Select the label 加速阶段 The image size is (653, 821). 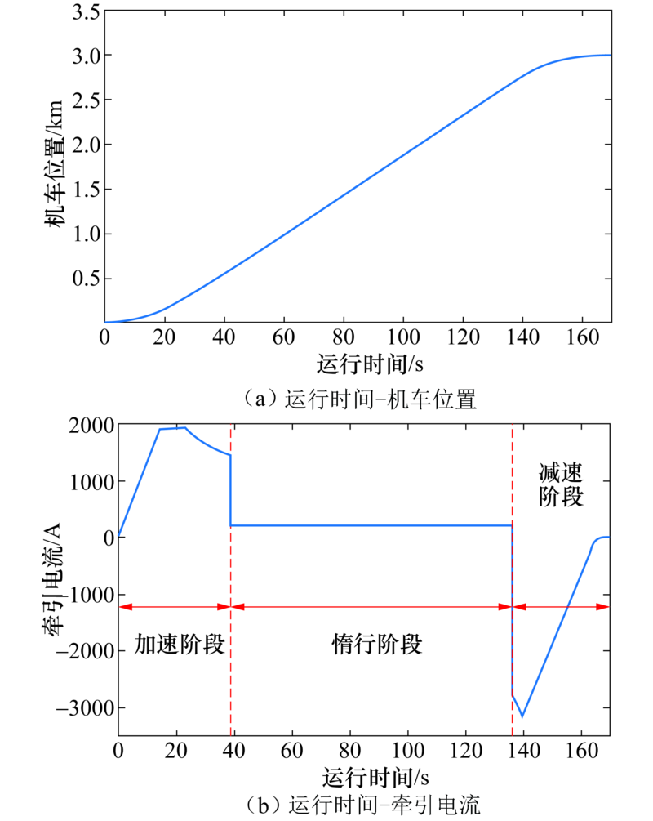click(179, 645)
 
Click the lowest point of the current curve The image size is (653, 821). click(522, 717)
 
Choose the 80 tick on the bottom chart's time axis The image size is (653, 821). click(350, 750)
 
